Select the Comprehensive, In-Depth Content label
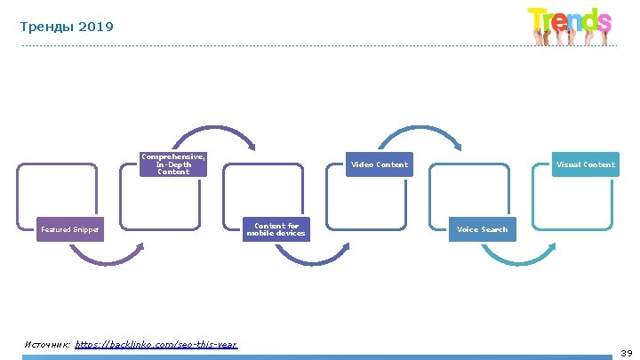pyautogui.click(x=172, y=164)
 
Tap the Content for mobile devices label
pyautogui.click(x=276, y=230)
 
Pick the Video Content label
pyautogui.click(x=379, y=164)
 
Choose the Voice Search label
pyautogui.click(x=482, y=230)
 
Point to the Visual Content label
pyautogui.click(x=585, y=164)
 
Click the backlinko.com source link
pyautogui.click(x=156, y=344)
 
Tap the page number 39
pyautogui.click(x=626, y=353)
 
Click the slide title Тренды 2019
pyautogui.click(x=67, y=28)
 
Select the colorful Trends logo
pyautogui.click(x=570, y=24)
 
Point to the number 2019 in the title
pyautogui.click(x=96, y=28)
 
